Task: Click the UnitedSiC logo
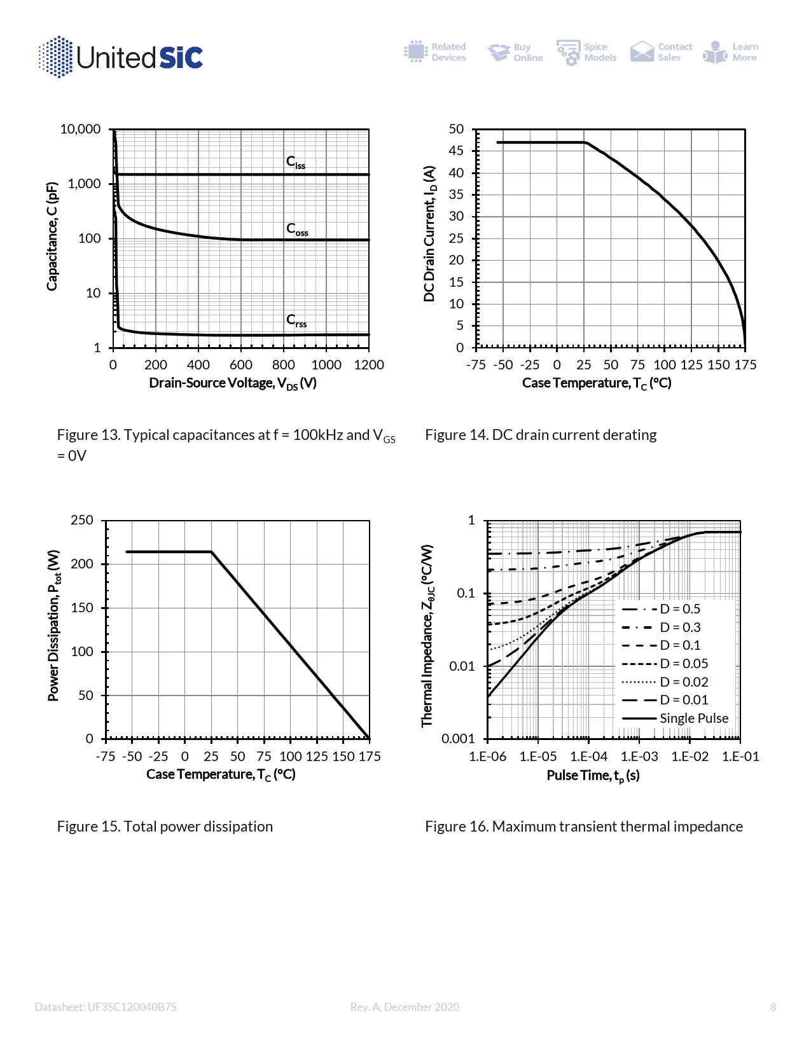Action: pos(121,57)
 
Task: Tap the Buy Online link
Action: pos(515,52)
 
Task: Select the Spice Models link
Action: pos(586,52)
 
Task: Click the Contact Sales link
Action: pos(662,52)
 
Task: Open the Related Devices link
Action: pos(435,52)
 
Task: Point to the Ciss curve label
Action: pos(296,162)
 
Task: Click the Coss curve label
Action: pos(297,229)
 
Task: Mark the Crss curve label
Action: pos(296,320)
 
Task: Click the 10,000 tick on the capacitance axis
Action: pos(80,129)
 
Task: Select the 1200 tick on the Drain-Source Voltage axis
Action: pos(369,365)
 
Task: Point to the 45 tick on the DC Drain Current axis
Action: pos(456,151)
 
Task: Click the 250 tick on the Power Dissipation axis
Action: pos(82,520)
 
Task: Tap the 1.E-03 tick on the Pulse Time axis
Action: pos(639,757)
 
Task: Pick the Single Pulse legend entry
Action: pos(693,718)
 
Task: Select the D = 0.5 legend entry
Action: pos(679,609)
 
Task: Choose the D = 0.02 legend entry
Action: pos(684,682)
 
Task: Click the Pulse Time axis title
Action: pos(593,776)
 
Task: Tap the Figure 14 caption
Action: pos(541,435)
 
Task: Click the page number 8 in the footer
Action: pos(773,1007)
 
